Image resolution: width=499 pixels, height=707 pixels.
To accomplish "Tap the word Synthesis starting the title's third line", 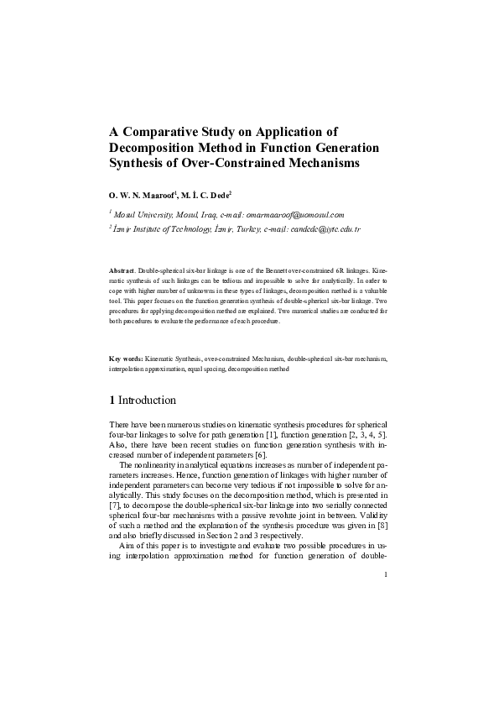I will (143, 163).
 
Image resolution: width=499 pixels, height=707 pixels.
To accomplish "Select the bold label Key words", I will (128, 359).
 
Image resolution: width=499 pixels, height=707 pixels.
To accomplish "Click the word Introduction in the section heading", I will (147, 400).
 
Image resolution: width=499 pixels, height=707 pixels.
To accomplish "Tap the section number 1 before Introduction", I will (112, 400).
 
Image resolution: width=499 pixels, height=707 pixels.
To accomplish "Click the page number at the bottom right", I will (384, 574).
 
